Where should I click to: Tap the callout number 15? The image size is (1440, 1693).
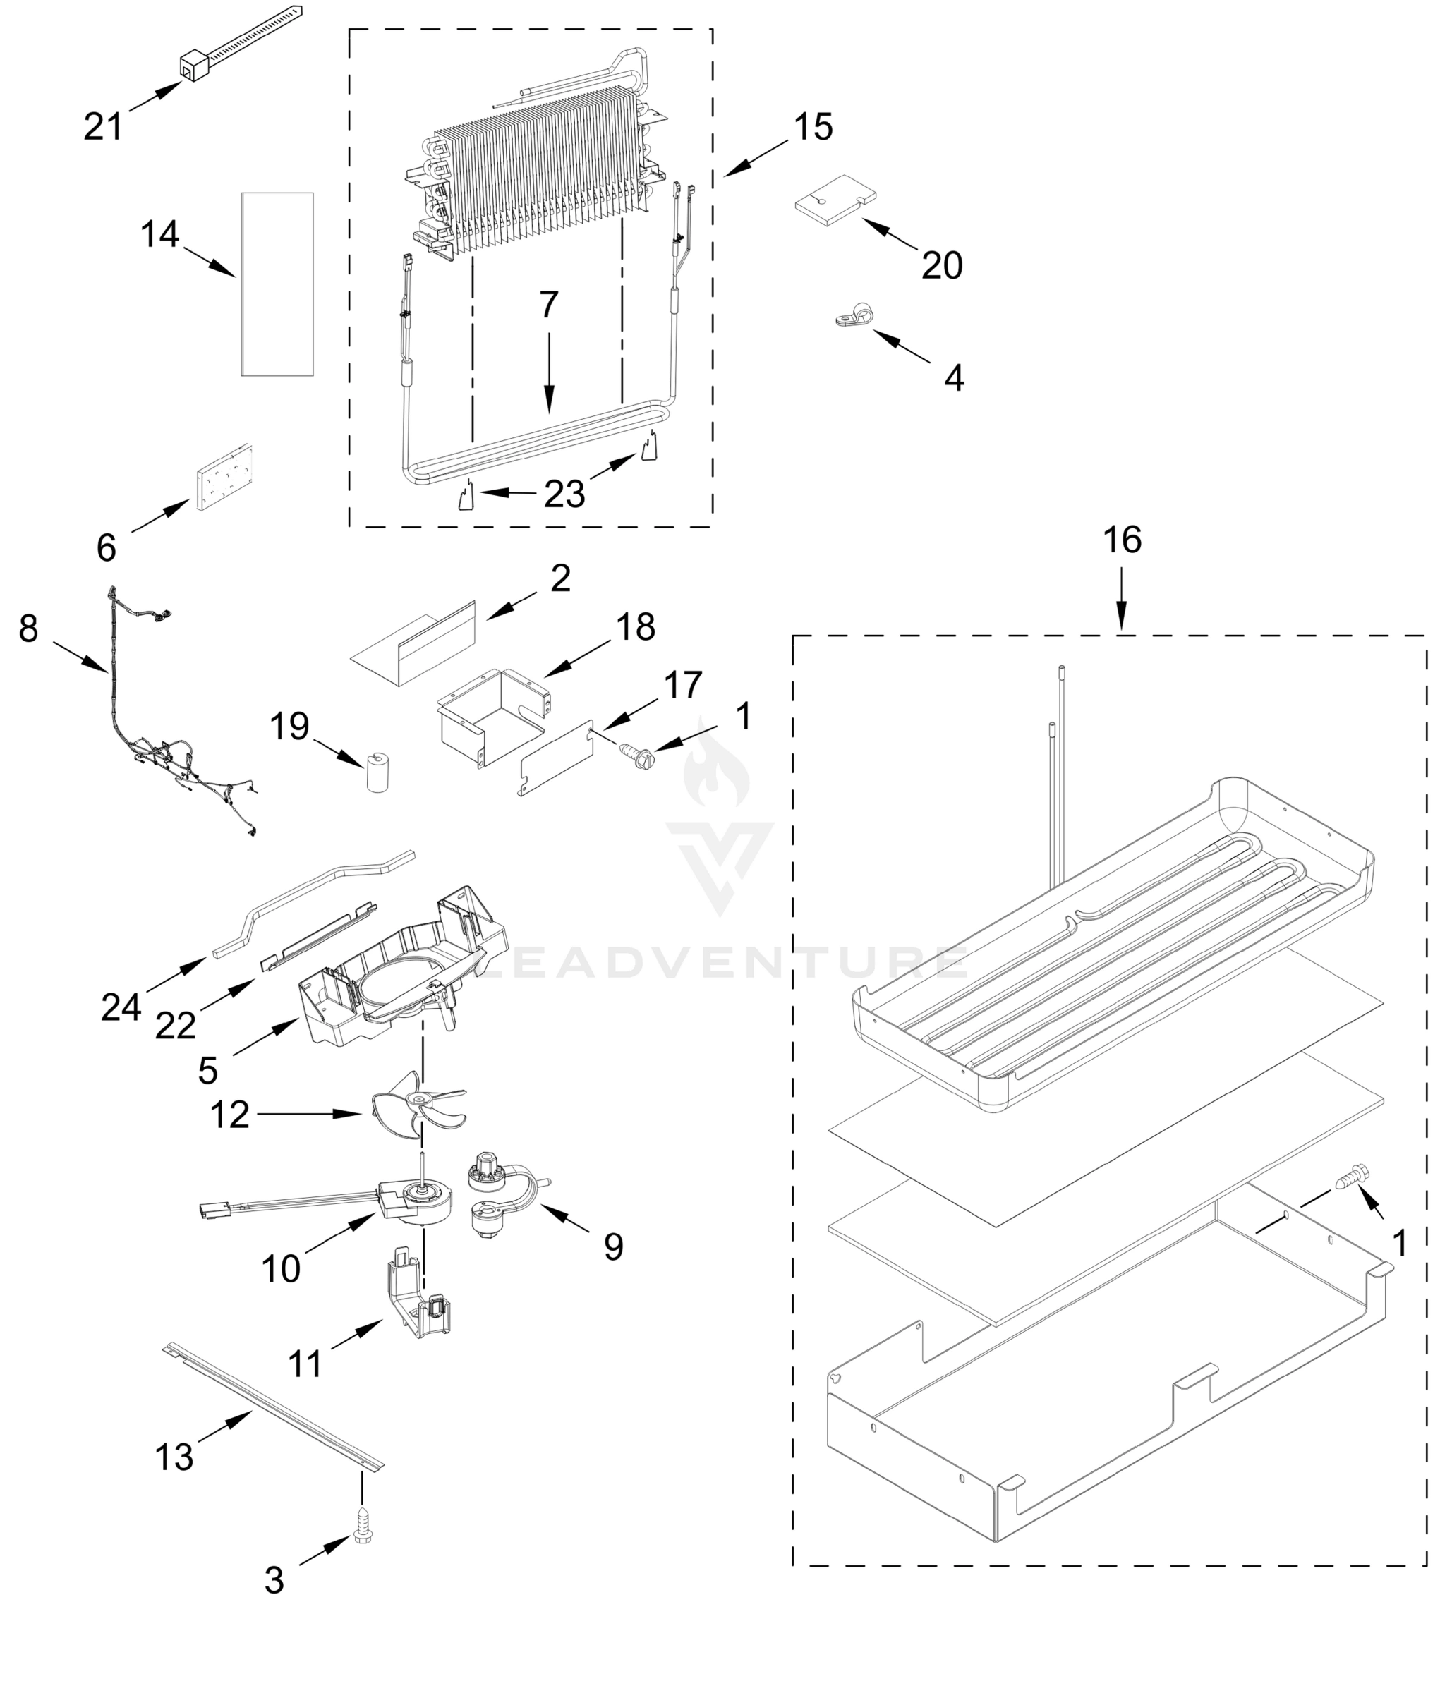(x=813, y=128)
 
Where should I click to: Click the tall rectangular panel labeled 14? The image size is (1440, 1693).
(x=277, y=284)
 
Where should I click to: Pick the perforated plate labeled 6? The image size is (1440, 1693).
(x=223, y=478)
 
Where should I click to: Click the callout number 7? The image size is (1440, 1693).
(x=549, y=305)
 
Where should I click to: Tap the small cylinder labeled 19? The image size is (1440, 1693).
(x=377, y=772)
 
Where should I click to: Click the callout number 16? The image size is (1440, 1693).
(x=1122, y=540)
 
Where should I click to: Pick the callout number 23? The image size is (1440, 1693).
(x=565, y=494)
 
